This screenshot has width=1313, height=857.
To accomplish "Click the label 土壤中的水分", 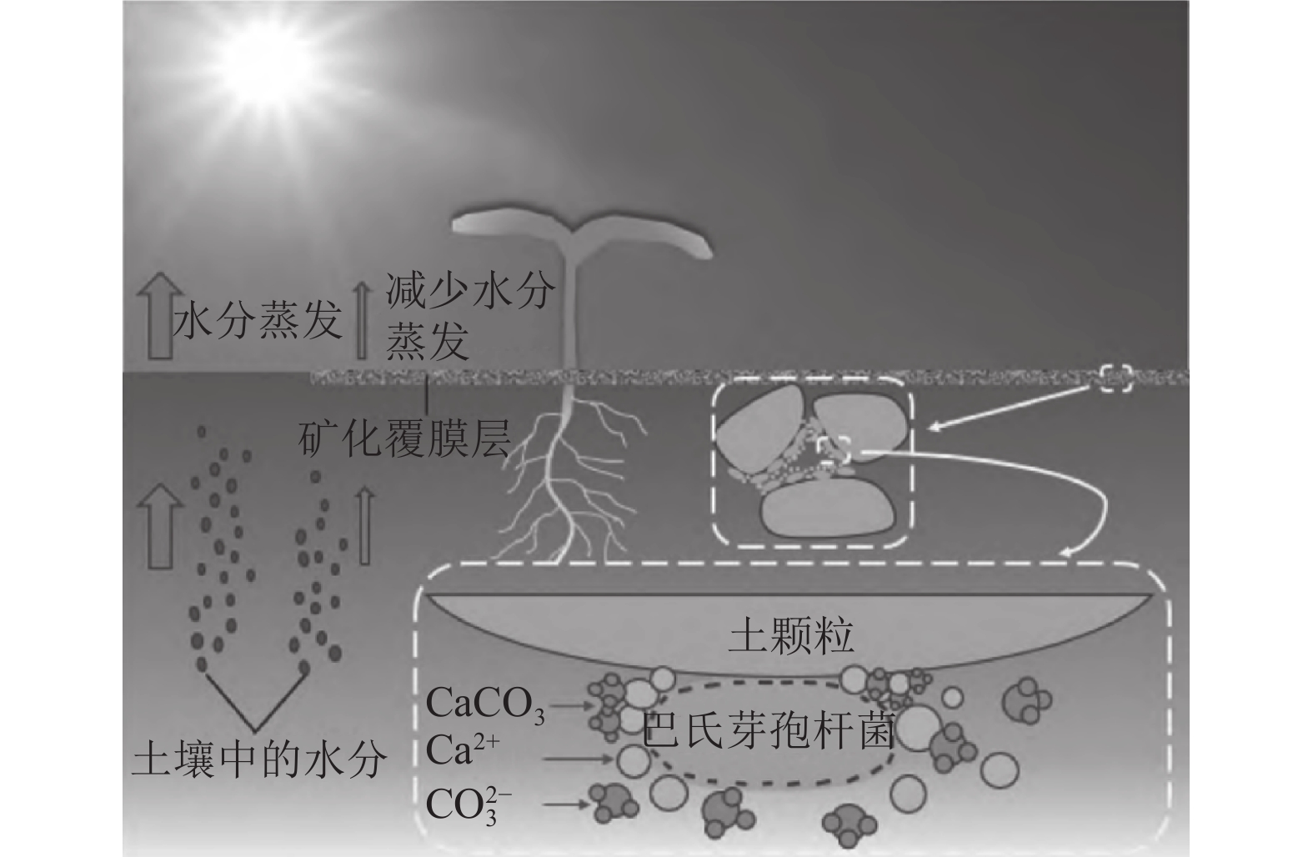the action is pyautogui.click(x=261, y=759).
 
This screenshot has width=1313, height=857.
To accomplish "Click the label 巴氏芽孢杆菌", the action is pyautogui.click(x=769, y=731).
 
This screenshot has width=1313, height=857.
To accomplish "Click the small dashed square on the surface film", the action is pyautogui.click(x=1115, y=378).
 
